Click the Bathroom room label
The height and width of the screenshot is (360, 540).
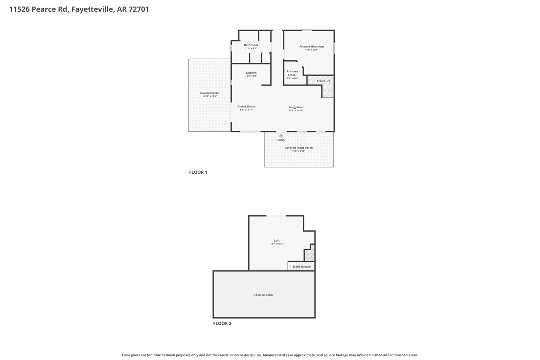(251, 45)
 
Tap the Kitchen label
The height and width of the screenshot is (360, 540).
(251, 73)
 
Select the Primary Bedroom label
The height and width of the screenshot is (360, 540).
(311, 47)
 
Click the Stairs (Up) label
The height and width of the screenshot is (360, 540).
(324, 81)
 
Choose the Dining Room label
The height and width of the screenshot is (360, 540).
(246, 106)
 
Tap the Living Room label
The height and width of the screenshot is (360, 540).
(296, 107)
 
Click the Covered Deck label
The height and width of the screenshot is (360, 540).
(209, 93)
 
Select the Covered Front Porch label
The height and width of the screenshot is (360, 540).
(298, 148)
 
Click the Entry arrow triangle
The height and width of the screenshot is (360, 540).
(281, 135)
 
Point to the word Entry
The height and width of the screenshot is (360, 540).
(281, 140)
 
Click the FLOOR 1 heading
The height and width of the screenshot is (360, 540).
(198, 172)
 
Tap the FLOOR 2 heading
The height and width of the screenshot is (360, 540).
(222, 323)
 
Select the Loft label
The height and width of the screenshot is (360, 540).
(277, 241)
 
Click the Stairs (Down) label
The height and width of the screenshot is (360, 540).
(302, 267)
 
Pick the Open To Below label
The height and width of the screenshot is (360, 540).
(264, 295)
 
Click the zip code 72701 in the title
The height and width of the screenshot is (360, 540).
(139, 9)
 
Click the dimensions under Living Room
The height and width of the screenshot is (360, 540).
(296, 111)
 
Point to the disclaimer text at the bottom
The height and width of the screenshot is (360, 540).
(270, 355)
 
